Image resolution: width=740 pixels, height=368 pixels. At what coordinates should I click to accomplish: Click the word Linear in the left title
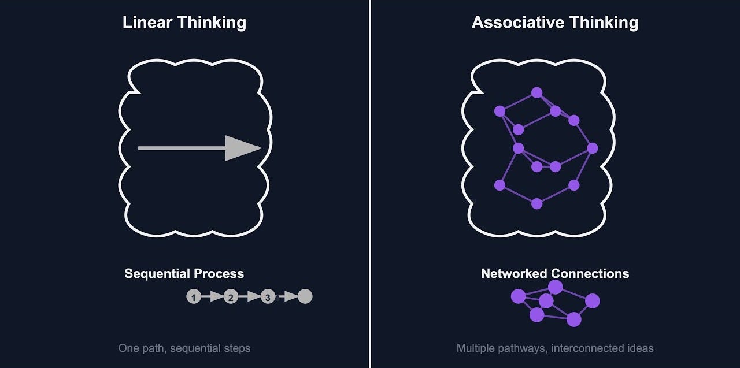pyautogui.click(x=147, y=23)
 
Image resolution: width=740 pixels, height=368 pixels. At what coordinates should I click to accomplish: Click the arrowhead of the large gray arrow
pyautogui.click(x=242, y=148)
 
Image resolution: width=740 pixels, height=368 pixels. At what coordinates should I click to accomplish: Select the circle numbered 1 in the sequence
pyautogui.click(x=194, y=297)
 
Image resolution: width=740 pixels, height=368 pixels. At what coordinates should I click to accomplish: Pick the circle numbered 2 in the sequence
pyautogui.click(x=231, y=297)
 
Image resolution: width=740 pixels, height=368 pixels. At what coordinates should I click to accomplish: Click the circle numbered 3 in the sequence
pyautogui.click(x=268, y=297)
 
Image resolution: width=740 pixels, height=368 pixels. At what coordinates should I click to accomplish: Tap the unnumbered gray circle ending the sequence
pyautogui.click(x=305, y=296)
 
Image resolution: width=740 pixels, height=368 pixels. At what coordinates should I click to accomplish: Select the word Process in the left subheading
pyautogui.click(x=219, y=274)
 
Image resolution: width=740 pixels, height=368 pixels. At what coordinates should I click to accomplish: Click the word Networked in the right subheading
pyautogui.click(x=514, y=274)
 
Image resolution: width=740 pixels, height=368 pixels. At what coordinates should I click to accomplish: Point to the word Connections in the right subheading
pyautogui.click(x=590, y=274)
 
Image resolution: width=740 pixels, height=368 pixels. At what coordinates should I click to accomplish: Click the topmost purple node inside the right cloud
pyautogui.click(x=536, y=92)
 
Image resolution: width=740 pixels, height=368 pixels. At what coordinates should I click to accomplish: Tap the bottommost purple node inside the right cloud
pyautogui.click(x=536, y=203)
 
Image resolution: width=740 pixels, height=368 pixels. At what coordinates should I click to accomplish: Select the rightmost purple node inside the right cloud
pyautogui.click(x=592, y=148)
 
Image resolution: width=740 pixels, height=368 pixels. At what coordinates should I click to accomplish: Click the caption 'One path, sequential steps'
pyautogui.click(x=184, y=348)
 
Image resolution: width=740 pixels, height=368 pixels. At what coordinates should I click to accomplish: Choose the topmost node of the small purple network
pyautogui.click(x=556, y=287)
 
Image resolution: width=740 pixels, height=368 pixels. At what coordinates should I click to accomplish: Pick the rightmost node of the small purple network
pyautogui.click(x=593, y=301)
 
